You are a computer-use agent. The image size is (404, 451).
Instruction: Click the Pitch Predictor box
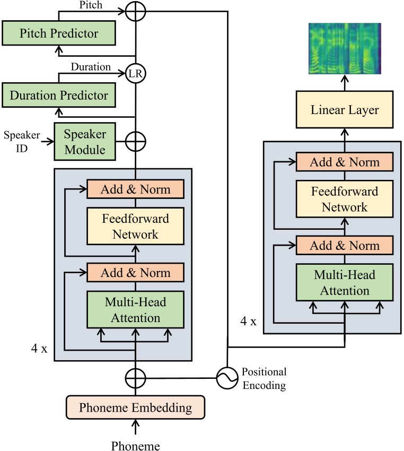tap(58, 33)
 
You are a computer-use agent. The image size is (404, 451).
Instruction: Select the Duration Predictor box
tap(58, 96)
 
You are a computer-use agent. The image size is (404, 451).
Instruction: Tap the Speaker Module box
tap(84, 141)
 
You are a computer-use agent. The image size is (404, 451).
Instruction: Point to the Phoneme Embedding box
tap(135, 407)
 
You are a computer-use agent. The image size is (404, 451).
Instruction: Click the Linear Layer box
tap(345, 110)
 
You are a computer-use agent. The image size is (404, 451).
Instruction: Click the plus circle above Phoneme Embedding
tap(135, 378)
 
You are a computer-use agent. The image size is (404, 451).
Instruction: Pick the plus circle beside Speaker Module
tap(136, 142)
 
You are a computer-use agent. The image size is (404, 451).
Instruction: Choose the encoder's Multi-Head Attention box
tap(135, 310)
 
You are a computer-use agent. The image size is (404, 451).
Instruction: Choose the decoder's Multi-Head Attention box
tap(345, 282)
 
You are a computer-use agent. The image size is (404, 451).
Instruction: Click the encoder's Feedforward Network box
tap(135, 226)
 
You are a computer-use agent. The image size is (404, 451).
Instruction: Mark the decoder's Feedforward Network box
tap(345, 198)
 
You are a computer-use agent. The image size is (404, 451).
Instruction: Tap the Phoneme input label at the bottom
tap(135, 445)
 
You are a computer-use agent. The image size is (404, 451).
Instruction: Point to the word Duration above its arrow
tap(91, 67)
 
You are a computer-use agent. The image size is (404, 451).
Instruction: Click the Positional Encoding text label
tap(264, 378)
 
